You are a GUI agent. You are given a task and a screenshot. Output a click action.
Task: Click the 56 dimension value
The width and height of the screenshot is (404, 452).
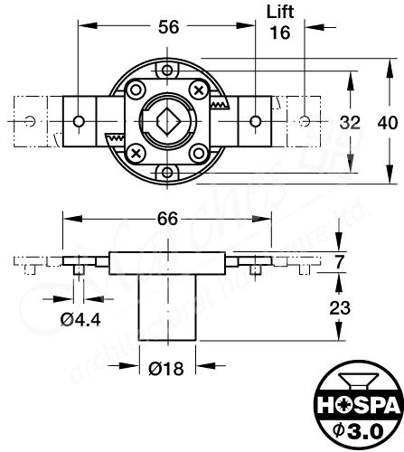click(167, 28)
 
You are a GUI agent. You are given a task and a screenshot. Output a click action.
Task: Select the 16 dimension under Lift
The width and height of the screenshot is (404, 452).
click(280, 33)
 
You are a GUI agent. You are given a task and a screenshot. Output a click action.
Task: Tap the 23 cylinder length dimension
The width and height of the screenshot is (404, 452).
click(339, 307)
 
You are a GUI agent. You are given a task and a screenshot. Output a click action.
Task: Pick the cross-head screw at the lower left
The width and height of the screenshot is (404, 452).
click(136, 151)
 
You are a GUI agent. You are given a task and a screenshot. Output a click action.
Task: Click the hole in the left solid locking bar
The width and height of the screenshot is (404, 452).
click(80, 121)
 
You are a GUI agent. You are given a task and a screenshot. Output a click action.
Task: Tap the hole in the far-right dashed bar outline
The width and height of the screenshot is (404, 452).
click(307, 119)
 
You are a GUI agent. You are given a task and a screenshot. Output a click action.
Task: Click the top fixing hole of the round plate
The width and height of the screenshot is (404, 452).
click(166, 70)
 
